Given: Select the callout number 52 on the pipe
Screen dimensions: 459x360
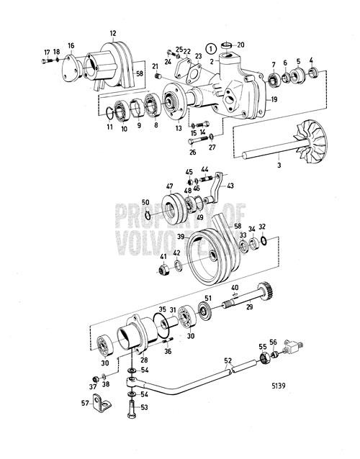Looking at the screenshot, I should point(228,360).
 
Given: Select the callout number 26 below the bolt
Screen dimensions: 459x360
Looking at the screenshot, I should point(192,152).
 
